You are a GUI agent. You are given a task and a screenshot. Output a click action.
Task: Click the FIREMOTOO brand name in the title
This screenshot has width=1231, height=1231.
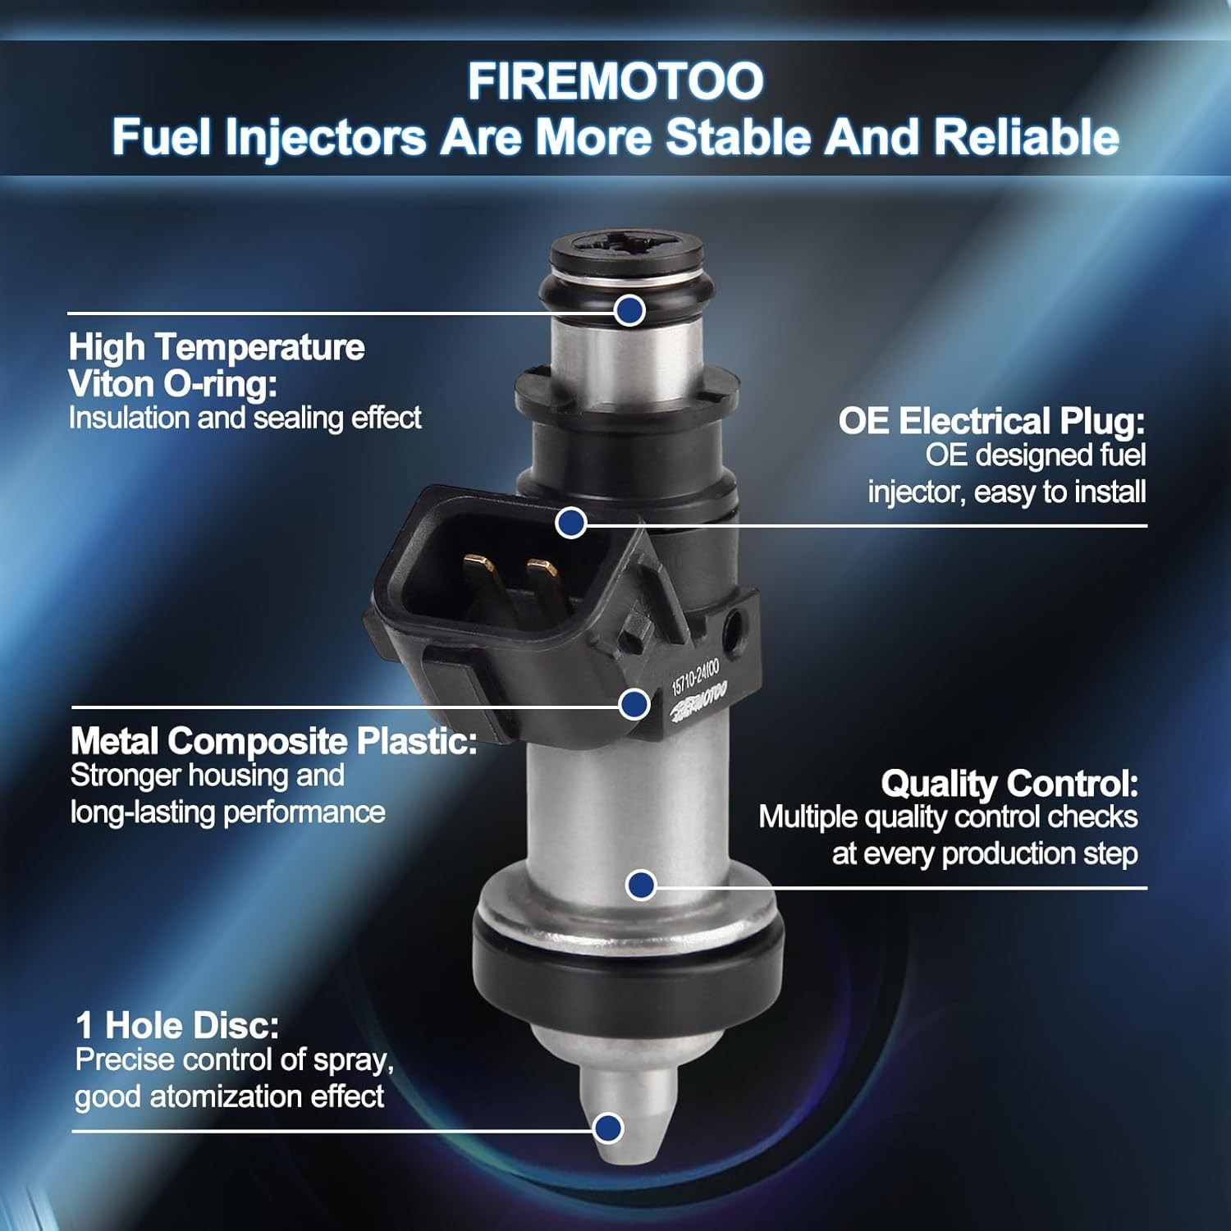tap(615, 81)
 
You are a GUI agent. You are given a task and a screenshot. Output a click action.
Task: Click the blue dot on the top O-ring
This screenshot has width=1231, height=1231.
tap(629, 309)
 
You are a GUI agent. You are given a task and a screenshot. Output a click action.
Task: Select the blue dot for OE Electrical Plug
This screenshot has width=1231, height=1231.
tap(571, 523)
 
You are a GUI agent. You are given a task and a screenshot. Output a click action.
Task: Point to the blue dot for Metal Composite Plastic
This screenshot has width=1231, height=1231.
tap(634, 704)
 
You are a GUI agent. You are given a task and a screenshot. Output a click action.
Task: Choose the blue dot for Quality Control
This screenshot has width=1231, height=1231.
tap(641, 885)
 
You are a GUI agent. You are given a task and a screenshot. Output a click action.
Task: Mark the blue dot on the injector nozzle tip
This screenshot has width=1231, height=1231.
tap(608, 1128)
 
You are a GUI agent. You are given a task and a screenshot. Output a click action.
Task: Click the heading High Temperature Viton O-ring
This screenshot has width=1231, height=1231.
tap(217, 365)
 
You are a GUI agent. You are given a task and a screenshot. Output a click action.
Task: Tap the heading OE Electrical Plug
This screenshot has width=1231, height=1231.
tap(991, 421)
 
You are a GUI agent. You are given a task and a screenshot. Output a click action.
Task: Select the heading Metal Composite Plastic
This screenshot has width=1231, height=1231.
tap(274, 741)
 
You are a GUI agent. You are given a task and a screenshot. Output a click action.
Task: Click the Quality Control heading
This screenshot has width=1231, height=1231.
tap(1009, 784)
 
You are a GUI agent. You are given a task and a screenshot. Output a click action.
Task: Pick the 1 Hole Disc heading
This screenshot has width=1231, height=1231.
tap(177, 1025)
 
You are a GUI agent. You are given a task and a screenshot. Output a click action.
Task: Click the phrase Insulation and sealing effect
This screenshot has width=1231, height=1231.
tap(245, 418)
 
